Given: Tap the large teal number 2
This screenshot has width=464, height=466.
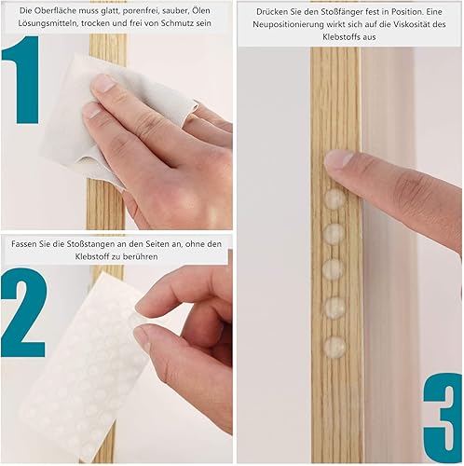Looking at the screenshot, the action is coord(24,312).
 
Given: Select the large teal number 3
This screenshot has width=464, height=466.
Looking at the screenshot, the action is coord(444,418).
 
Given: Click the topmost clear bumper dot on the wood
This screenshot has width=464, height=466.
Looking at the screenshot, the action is coord(334,198).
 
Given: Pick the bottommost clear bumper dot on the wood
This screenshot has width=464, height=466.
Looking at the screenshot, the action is coord(334,346).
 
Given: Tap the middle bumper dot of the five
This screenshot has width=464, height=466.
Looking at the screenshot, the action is coord(334,269).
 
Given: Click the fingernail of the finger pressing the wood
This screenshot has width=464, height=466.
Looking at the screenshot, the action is coord(337,158).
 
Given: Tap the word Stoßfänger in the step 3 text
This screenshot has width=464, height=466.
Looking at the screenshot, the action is coord(342,12).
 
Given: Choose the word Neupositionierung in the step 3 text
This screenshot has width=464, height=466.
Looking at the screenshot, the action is coord(288,24).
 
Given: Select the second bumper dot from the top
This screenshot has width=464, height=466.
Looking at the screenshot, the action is coord(334,233).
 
